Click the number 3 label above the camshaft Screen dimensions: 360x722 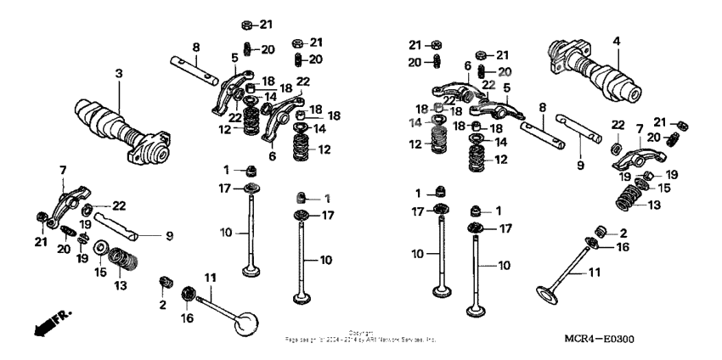pyautogui.click(x=119, y=75)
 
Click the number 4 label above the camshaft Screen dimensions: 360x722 pyautogui.click(x=617, y=40)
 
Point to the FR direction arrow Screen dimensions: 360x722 pyautogui.click(x=49, y=323)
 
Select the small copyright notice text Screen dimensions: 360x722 pyautogui.click(x=360, y=336)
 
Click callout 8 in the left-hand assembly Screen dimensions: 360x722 pyautogui.click(x=195, y=47)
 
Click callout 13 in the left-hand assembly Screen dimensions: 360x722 pyautogui.click(x=120, y=285)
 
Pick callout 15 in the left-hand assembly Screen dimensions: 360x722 pyautogui.click(x=99, y=273)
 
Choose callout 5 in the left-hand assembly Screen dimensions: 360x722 pyautogui.click(x=234, y=58)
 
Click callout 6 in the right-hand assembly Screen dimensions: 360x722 pyautogui.click(x=467, y=65)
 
